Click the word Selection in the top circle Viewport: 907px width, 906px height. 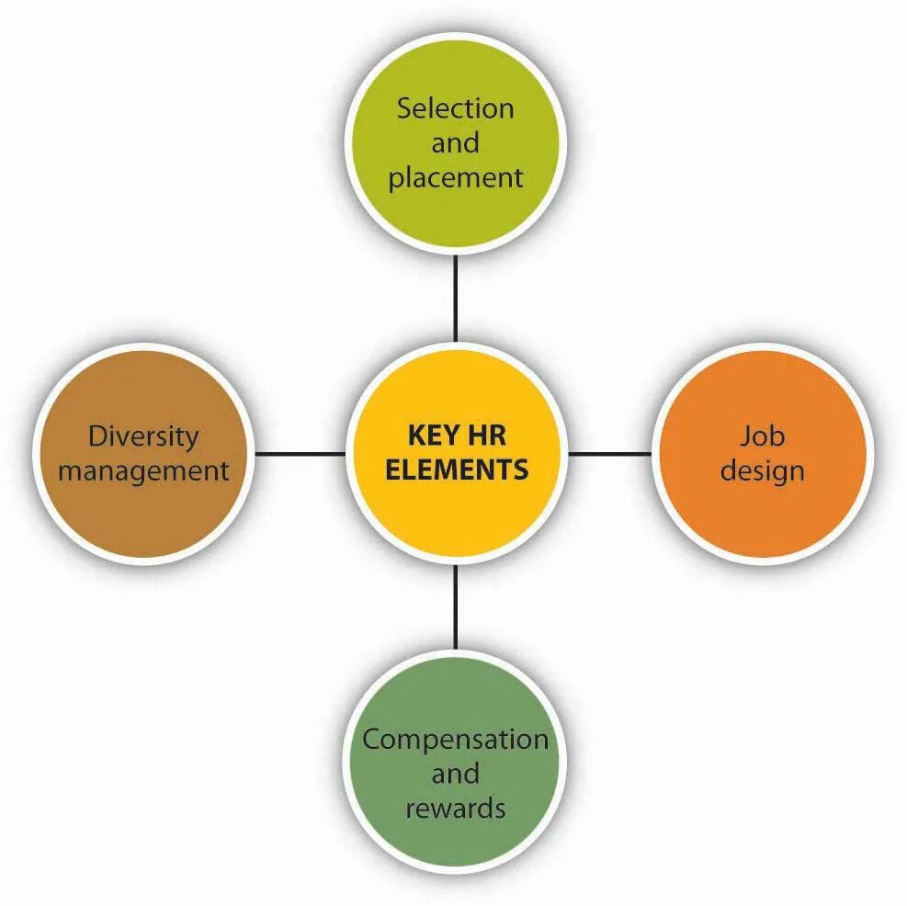455,108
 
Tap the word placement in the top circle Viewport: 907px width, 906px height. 455,178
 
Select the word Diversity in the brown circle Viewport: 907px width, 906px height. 143,436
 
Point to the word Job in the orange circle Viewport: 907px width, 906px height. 762,436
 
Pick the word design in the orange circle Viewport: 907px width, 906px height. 762,470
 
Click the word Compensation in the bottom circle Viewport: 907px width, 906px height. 455,740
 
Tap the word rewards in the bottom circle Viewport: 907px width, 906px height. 455,809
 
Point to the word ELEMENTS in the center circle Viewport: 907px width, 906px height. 456,470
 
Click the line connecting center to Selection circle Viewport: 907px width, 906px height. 455,299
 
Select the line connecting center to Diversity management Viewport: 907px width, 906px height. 300,453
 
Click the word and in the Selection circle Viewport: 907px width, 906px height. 455,143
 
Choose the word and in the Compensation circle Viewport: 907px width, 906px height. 455,774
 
